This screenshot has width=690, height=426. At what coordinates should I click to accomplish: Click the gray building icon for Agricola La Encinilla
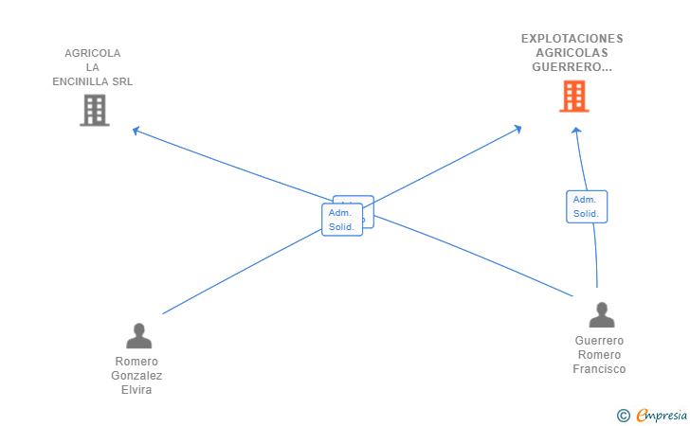(94, 111)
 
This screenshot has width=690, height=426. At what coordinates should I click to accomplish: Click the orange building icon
(573, 97)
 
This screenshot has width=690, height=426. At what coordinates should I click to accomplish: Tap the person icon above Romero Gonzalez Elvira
(138, 336)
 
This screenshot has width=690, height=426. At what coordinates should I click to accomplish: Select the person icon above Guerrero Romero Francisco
(601, 314)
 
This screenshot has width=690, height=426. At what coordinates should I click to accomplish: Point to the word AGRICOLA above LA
(93, 53)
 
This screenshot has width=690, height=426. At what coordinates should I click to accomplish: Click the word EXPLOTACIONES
(572, 39)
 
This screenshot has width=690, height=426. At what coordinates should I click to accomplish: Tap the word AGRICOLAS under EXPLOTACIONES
(572, 53)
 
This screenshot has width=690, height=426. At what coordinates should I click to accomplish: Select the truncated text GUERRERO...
(572, 67)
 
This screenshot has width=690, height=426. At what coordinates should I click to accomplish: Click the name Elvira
(136, 389)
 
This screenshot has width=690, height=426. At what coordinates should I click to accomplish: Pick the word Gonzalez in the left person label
(136, 375)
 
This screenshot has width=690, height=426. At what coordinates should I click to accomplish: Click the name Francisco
(599, 369)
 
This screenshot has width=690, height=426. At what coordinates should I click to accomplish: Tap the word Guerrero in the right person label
(599, 341)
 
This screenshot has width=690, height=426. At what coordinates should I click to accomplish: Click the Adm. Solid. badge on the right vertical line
(586, 206)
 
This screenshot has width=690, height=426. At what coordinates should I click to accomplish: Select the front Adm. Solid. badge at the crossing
(341, 220)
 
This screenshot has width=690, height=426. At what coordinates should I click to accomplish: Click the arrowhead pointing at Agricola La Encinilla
(136, 130)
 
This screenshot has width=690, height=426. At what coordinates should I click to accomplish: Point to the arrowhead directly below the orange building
(575, 131)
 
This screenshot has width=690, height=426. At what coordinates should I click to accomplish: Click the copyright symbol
(623, 415)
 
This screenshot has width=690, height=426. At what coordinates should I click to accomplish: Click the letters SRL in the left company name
(122, 81)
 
